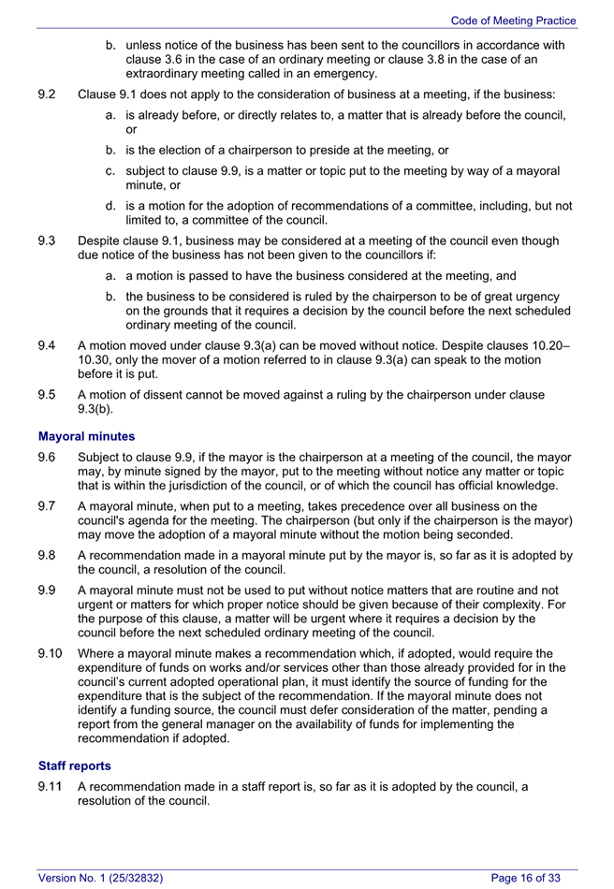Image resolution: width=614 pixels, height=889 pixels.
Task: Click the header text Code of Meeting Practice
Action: point(513,21)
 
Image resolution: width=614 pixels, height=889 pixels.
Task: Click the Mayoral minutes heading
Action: point(86,436)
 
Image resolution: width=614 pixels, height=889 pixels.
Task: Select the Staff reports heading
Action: point(75,765)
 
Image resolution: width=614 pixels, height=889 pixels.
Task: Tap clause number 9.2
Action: point(48,95)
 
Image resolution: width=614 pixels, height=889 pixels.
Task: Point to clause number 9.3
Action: point(48,240)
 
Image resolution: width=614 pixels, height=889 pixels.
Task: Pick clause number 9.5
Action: point(48,395)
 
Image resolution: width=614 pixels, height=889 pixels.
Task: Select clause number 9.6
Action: point(48,458)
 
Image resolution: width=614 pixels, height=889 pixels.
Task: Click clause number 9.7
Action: point(48,506)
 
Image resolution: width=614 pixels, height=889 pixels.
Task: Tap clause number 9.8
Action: point(48,555)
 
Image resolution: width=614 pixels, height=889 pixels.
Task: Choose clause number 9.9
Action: point(48,590)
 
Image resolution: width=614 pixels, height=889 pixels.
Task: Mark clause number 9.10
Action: point(51,653)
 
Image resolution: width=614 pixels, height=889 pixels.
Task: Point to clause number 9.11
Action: point(51,787)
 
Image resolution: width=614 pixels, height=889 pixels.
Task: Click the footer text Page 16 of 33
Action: point(526,878)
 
